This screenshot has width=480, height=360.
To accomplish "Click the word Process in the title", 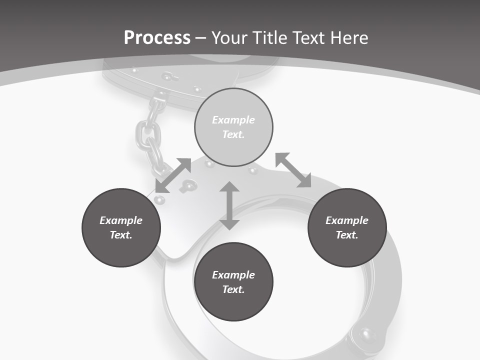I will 157,38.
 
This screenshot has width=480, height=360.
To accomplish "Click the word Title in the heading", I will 269,38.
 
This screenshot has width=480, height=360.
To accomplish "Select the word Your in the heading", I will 228,38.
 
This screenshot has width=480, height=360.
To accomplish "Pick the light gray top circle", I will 233,127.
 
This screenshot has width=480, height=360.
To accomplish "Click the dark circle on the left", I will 121,227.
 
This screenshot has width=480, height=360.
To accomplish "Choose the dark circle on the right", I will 347,227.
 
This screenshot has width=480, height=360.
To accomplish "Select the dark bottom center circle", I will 233,282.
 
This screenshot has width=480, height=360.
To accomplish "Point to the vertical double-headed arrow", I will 229,205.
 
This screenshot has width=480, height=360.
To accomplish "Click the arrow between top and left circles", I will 173,175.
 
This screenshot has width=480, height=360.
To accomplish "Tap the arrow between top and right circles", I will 293,170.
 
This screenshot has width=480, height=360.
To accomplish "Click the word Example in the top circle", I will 233,120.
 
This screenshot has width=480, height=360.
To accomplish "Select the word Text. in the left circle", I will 121,235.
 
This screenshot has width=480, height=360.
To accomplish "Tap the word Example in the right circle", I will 347,220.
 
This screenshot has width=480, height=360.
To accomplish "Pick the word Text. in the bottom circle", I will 233,289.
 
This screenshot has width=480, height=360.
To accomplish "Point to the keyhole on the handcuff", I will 189,186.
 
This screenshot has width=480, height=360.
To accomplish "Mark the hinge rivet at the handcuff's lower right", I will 367,333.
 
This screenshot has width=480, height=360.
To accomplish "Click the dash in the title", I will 201,38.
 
